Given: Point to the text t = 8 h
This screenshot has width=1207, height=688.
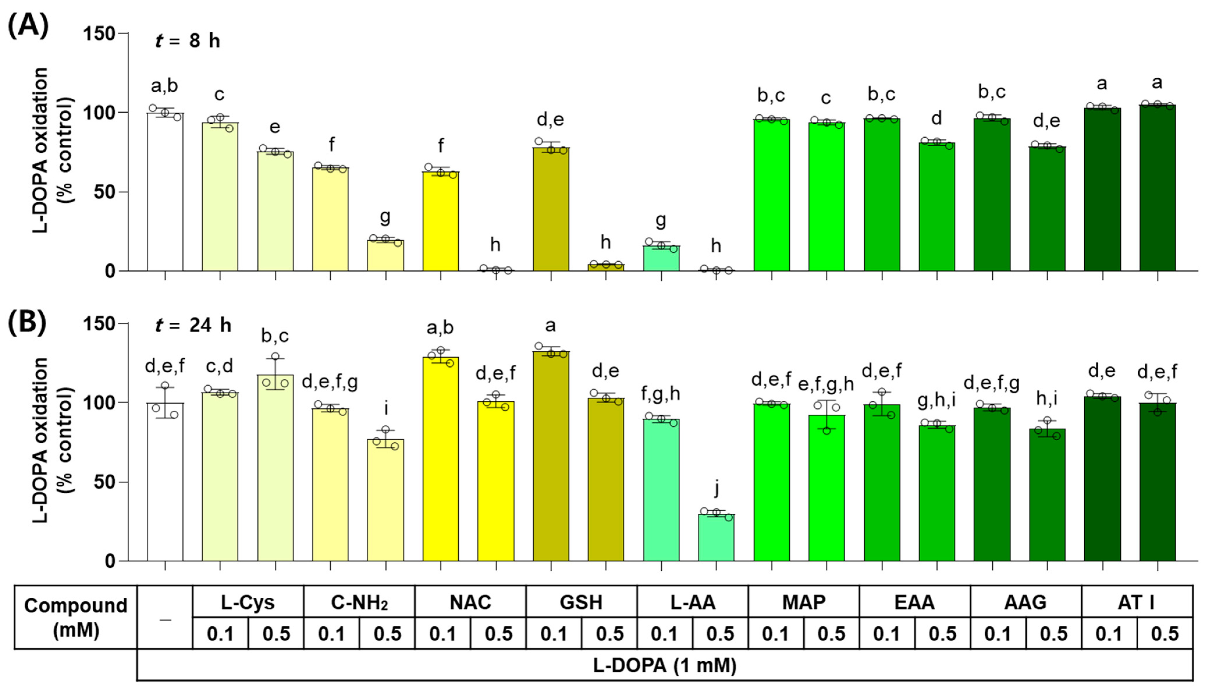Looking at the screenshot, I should click(x=188, y=41).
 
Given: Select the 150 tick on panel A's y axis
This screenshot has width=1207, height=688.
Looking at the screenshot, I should click(x=99, y=34).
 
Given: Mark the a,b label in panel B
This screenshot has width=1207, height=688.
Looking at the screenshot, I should click(x=440, y=327).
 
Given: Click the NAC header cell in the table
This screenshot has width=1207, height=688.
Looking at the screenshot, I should click(x=470, y=602).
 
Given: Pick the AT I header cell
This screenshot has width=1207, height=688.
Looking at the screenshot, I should click(x=1136, y=602).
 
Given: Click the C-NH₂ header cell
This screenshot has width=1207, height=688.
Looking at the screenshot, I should click(x=359, y=602).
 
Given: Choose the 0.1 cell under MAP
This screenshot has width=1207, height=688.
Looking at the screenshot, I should click(x=775, y=634).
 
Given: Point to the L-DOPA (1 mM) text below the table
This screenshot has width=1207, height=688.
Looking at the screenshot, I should click(x=664, y=665).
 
